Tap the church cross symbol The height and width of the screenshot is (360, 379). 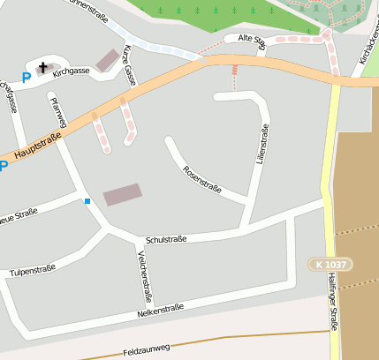click(42, 66)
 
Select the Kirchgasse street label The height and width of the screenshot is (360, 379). click(72, 74)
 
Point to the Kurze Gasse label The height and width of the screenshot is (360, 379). click(129, 64)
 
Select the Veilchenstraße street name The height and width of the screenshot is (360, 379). click(144, 275)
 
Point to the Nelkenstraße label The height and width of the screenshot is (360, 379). click(160, 311)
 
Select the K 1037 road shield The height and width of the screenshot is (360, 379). click(330, 264)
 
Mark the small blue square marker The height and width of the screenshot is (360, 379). click(87, 201)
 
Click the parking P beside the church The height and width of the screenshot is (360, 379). click(26, 78)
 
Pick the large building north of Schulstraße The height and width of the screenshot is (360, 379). click(122, 194)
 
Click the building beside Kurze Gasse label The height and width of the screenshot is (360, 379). click(108, 60)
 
